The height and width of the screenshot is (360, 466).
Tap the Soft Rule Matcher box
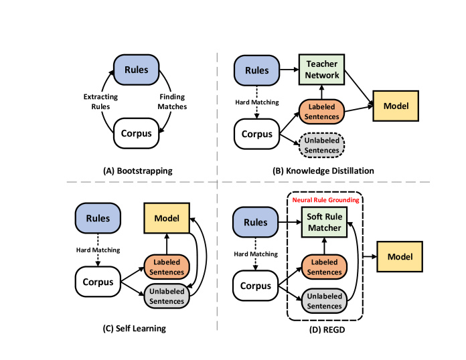pyautogui.click(x=325, y=222)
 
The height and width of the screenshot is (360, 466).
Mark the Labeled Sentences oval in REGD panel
pyautogui.click(x=325, y=267)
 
